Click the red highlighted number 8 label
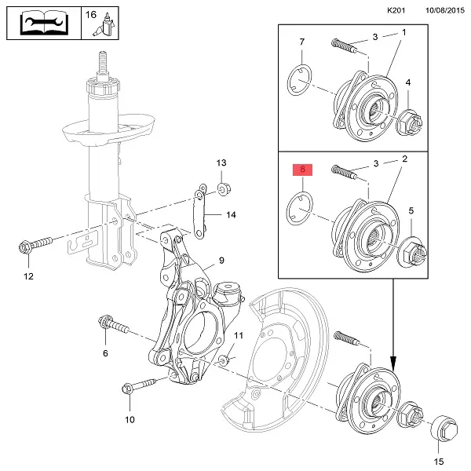pyautogui.click(x=302, y=170)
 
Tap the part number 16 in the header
pyautogui.click(x=90, y=14)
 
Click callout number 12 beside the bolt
pyautogui.click(x=28, y=276)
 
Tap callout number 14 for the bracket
pyautogui.click(x=230, y=214)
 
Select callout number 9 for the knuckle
pyautogui.click(x=221, y=261)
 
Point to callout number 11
pyautogui.click(x=239, y=336)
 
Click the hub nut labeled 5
pyautogui.click(x=414, y=253)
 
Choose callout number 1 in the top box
pyautogui.click(x=405, y=33)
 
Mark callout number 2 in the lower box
pyautogui.click(x=405, y=159)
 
